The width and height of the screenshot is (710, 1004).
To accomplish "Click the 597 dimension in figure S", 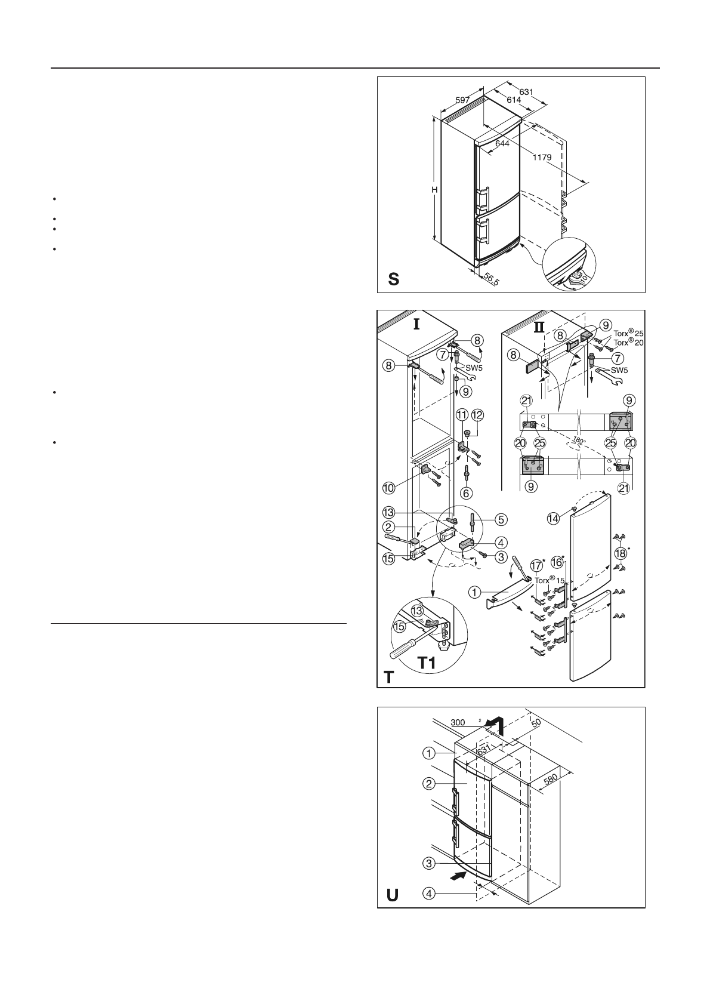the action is [x=462, y=100].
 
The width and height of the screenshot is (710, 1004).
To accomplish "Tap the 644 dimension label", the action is [x=502, y=144].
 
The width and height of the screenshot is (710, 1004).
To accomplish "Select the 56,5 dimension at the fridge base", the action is [x=492, y=279].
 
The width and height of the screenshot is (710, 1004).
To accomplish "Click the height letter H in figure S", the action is [x=435, y=189].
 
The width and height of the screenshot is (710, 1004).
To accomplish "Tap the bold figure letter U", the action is [x=393, y=895].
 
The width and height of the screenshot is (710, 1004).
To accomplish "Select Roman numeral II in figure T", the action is [x=539, y=327].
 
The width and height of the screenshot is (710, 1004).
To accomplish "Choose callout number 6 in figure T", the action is [x=465, y=494].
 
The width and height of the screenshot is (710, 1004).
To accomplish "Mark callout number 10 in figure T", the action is [x=388, y=488].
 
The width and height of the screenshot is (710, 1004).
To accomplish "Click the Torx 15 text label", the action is [x=552, y=580].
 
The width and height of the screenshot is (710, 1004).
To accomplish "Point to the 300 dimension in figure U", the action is [x=458, y=723].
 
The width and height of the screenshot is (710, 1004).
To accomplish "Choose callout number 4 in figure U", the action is [x=429, y=894].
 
